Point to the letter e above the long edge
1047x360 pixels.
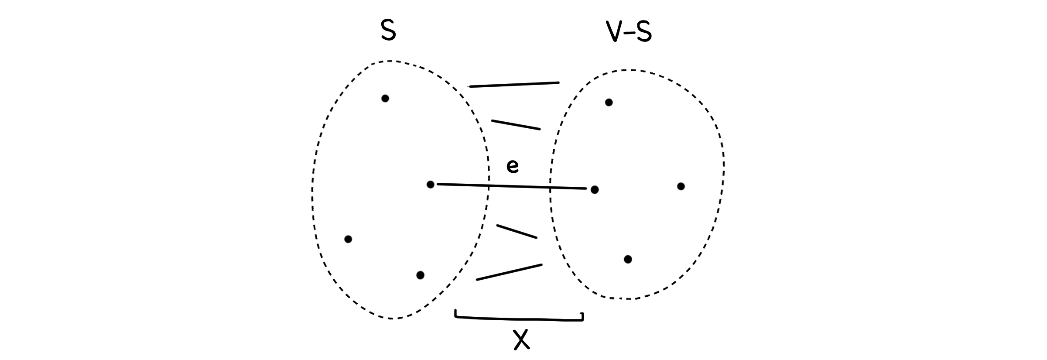coord(513,166)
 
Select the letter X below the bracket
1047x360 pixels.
coord(521,339)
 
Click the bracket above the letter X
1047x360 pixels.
coord(519,319)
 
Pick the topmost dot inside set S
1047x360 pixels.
coord(385,99)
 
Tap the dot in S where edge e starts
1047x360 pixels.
coord(430,185)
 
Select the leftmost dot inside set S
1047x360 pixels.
coord(348,239)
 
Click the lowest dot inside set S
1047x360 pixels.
coord(420,275)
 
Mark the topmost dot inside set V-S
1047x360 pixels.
coord(609,103)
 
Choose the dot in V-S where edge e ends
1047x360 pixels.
coord(594,190)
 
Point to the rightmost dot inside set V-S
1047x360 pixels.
coord(681,187)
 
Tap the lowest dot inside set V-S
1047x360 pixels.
coord(628,260)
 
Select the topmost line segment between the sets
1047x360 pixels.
coord(514,85)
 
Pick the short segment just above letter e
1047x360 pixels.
coord(516,124)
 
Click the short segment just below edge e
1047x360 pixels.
coord(517,232)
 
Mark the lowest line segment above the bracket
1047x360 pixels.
coord(509,272)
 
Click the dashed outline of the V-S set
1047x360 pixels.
coord(724,166)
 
